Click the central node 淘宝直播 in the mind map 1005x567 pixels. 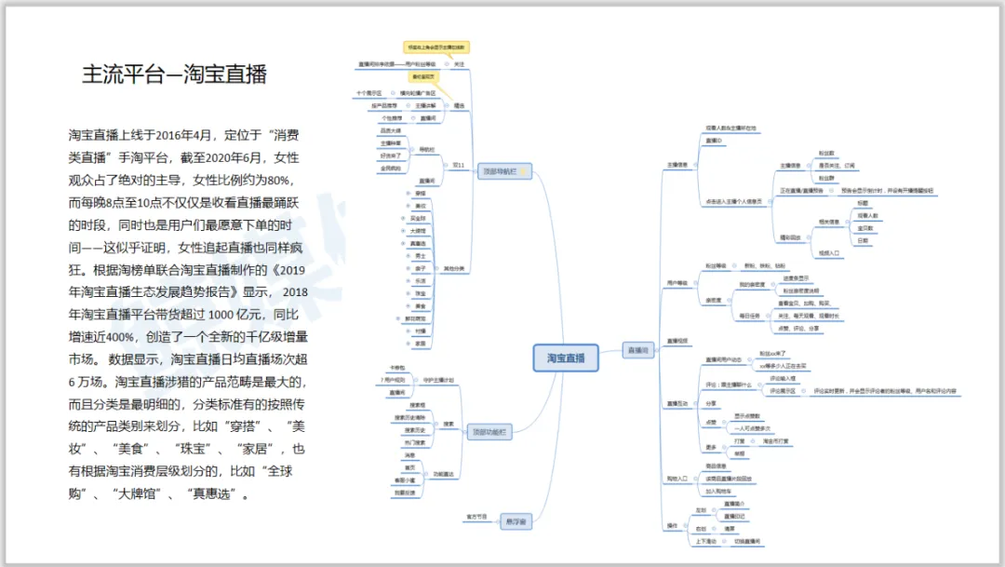coord(566,358)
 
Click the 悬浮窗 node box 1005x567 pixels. coord(514,521)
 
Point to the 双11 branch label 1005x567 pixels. coord(458,165)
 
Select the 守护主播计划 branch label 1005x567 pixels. coord(438,380)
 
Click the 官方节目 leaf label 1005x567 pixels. coord(476,515)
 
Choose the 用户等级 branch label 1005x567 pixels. coord(677,282)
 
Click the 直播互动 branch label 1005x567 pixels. coord(677,403)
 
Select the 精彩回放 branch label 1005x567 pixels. coord(789,237)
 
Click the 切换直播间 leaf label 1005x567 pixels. coord(747,541)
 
